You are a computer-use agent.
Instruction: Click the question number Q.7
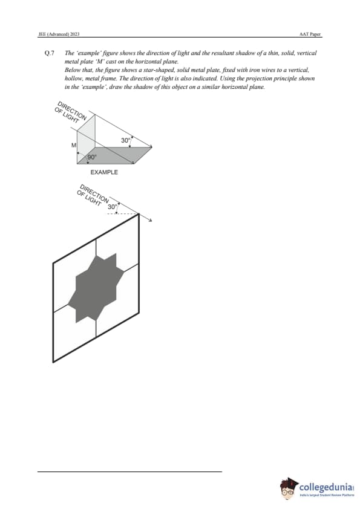click(49, 53)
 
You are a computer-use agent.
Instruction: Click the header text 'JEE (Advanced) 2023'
click(59, 34)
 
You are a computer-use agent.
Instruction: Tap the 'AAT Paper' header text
click(310, 34)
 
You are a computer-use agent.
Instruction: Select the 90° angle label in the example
click(92, 157)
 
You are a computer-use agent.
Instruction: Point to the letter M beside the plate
click(74, 146)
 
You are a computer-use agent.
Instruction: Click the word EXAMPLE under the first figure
click(104, 172)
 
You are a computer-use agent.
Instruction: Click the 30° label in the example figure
click(125, 140)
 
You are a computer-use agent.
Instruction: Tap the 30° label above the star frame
click(112, 207)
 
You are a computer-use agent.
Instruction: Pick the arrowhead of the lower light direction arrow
click(150, 221)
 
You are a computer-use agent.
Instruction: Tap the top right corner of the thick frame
click(139, 213)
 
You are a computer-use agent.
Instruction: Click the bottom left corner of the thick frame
click(53, 361)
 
